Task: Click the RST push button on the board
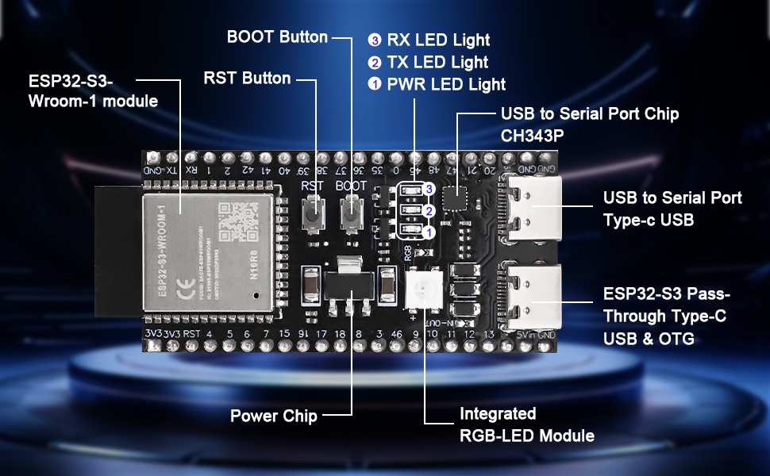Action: pos(314,212)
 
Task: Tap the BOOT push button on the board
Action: pos(351,212)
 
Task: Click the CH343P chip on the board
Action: pos(454,196)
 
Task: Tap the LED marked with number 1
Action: pos(411,231)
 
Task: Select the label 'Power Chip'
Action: pos(273,416)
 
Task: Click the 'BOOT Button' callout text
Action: pos(277,37)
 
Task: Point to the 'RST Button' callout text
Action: pos(247,79)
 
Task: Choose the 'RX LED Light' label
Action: pos(437,40)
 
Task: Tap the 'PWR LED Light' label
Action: pos(445,84)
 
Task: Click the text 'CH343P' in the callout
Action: pos(532,136)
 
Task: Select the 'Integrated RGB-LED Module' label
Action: pos(526,424)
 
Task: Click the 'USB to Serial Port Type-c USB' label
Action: pos(672,208)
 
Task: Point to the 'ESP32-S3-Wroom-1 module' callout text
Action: pos(93,91)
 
